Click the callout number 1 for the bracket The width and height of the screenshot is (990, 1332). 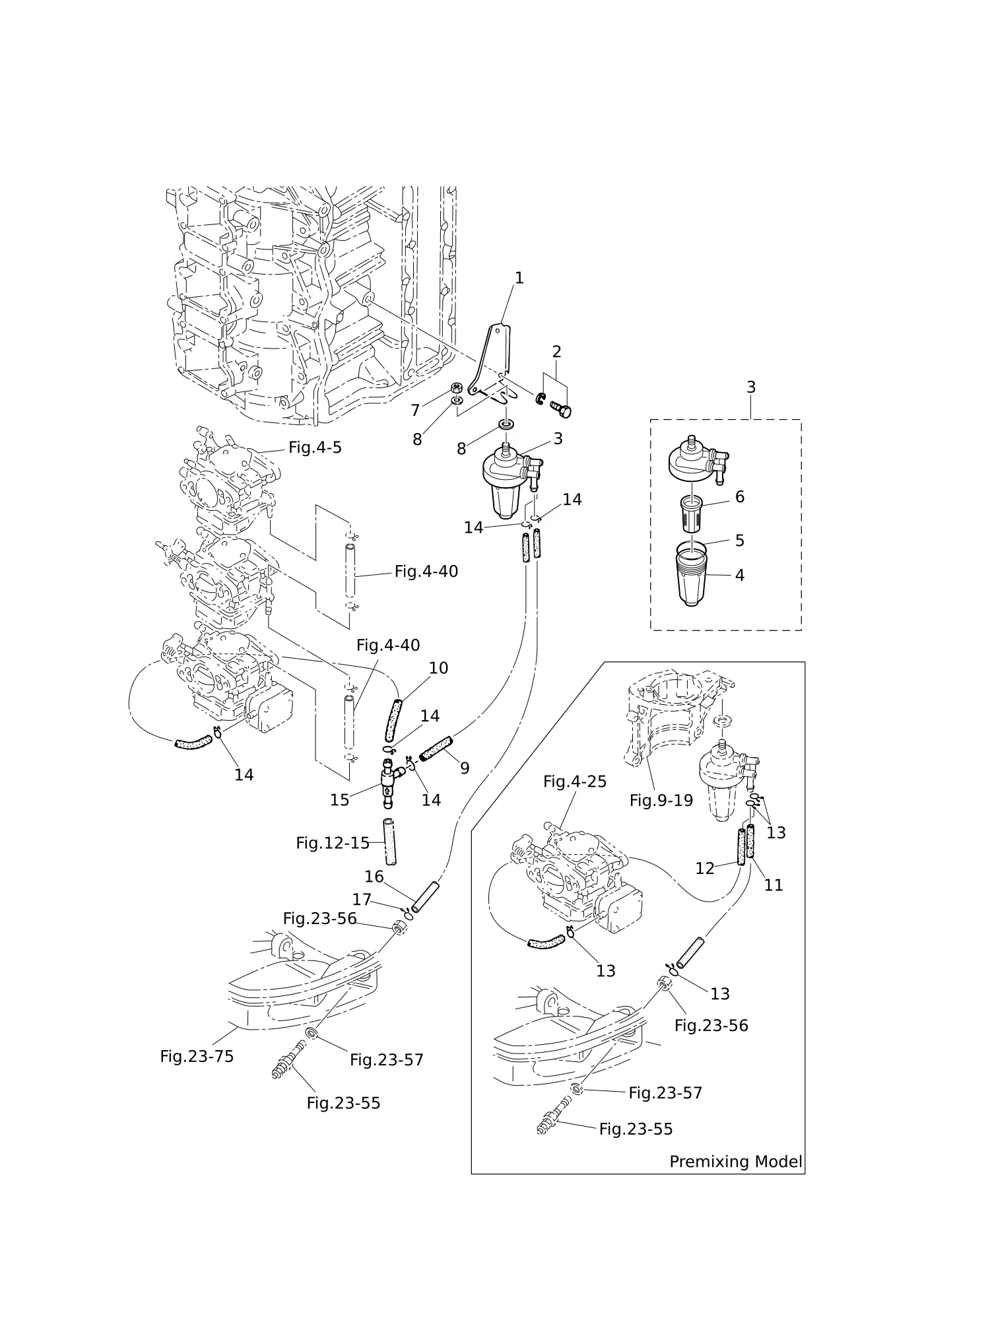(519, 279)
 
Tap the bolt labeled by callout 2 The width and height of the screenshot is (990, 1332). (560, 409)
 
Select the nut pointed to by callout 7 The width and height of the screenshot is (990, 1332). (455, 388)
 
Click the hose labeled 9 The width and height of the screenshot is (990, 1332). (436, 748)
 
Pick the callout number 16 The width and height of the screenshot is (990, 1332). (374, 877)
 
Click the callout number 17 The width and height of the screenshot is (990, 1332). (362, 900)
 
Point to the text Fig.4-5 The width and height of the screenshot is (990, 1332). (315, 448)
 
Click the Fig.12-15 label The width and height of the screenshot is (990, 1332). (333, 843)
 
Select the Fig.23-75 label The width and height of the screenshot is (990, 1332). (197, 1056)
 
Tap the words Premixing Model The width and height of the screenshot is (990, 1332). (736, 1162)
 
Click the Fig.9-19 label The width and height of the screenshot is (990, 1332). (661, 801)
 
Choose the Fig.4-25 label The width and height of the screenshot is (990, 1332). (575, 782)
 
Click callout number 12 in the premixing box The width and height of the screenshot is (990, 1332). (705, 869)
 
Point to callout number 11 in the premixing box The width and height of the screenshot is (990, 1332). (773, 884)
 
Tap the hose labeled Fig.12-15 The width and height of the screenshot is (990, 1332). (389, 842)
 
